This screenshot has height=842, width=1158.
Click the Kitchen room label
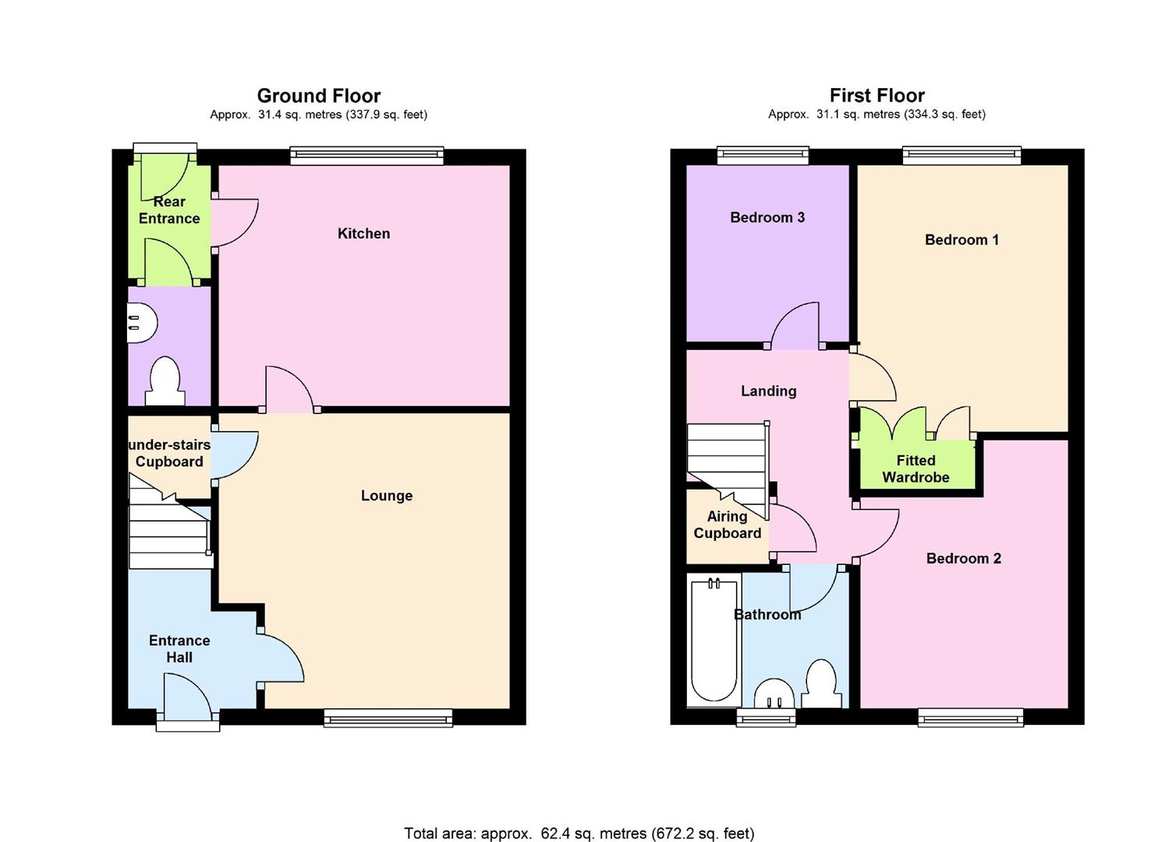pos(363,233)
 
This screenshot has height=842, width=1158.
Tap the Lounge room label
pos(386,496)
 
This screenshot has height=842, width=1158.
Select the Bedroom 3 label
pos(767,218)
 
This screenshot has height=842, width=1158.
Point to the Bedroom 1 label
pos(961,239)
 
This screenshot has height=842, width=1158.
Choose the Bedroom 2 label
pos(963,558)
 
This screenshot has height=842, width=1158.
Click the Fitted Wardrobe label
pos(915,469)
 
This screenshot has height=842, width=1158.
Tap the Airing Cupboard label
pos(727,525)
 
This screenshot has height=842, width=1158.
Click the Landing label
pos(768,391)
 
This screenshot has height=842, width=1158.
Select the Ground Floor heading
pos(318,96)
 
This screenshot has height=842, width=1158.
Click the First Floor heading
pos(876,96)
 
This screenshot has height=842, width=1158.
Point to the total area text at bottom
pos(579,833)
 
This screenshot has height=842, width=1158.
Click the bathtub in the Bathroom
pos(714,641)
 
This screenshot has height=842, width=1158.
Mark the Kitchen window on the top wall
pos(367,156)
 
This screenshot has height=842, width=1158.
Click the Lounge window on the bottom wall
pos(388,717)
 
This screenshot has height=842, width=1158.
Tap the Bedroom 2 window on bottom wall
pos(970,717)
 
